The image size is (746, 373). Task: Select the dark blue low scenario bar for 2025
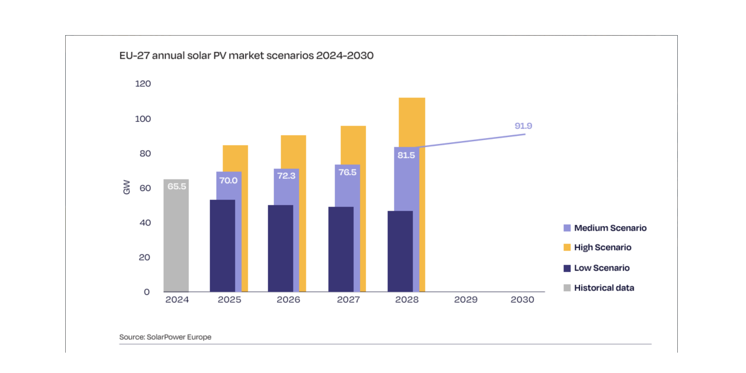click(222, 246)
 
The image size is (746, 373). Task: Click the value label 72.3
click(286, 175)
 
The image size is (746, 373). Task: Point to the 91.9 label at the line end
click(523, 126)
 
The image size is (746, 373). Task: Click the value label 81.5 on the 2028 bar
click(406, 155)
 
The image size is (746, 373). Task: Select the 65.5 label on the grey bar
click(176, 186)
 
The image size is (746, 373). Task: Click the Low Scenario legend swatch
click(567, 268)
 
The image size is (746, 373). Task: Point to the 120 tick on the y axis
click(143, 84)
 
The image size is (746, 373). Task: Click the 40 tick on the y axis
click(145, 223)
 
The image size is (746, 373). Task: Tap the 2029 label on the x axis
click(465, 300)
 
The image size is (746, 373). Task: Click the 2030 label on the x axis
click(522, 300)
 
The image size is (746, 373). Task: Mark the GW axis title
click(126, 187)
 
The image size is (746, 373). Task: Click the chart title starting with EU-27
click(246, 56)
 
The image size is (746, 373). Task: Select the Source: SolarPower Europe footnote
click(165, 337)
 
